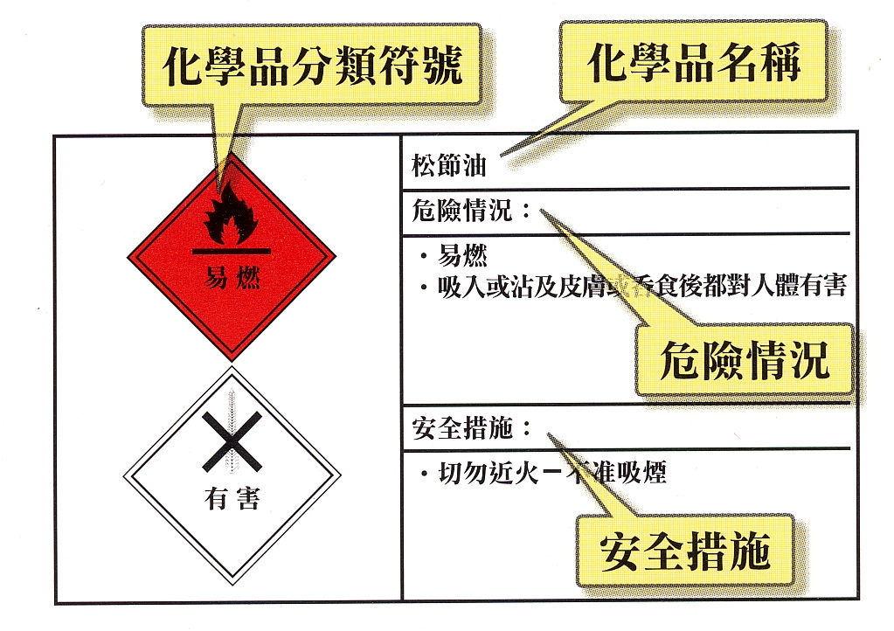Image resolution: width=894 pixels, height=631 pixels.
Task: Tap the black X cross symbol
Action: [x=231, y=441]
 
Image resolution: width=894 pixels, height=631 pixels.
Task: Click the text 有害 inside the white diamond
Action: [x=232, y=499]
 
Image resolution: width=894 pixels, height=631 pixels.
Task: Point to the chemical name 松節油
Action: [x=448, y=164]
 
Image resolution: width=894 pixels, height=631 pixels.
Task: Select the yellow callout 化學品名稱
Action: [x=694, y=64]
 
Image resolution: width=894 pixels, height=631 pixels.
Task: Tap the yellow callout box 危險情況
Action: [x=744, y=359]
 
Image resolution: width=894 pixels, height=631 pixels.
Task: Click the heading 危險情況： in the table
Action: [x=471, y=211]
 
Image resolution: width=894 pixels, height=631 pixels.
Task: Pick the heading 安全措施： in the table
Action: [x=471, y=429]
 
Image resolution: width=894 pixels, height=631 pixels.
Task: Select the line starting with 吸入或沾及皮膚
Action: [x=642, y=287]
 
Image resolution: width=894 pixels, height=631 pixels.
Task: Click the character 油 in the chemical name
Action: [x=474, y=164]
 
